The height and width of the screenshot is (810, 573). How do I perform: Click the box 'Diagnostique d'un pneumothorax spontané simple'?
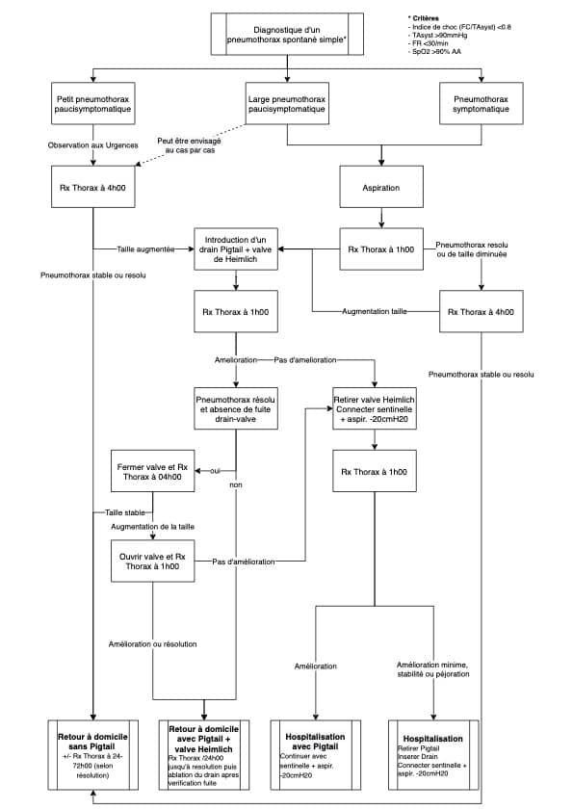pos(287,34)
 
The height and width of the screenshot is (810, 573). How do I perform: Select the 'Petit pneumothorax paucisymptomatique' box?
pos(93,103)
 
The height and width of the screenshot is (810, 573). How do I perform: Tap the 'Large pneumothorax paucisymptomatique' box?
pos(287,103)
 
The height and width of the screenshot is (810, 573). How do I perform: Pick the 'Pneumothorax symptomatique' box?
pos(481,103)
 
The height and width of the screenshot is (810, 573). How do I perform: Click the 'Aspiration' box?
pos(381,187)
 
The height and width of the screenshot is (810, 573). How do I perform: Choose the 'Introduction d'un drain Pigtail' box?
pos(236,249)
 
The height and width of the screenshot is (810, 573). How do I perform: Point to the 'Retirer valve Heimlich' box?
pos(374,408)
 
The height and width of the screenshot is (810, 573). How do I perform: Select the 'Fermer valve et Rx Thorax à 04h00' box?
pos(152,471)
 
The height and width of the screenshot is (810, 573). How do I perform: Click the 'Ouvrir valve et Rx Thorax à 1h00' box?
pos(152,561)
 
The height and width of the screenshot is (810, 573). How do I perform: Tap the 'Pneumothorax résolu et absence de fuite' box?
pos(236,408)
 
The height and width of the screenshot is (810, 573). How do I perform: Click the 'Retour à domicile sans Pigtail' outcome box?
pos(93,755)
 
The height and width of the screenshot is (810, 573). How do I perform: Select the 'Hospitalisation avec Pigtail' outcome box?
pos(315,755)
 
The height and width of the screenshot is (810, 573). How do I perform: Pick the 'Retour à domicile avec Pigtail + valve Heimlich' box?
pos(203,755)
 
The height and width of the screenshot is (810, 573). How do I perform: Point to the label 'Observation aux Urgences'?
pos(93,145)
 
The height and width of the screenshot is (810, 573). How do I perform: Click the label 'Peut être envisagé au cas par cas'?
pos(189,145)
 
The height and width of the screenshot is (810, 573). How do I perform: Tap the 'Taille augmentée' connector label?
pos(145,249)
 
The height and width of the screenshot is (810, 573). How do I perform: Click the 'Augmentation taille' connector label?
pos(374,311)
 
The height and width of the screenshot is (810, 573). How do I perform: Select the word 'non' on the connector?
pos(236,484)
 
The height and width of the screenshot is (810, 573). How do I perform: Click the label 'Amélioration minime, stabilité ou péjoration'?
pos(433,669)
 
